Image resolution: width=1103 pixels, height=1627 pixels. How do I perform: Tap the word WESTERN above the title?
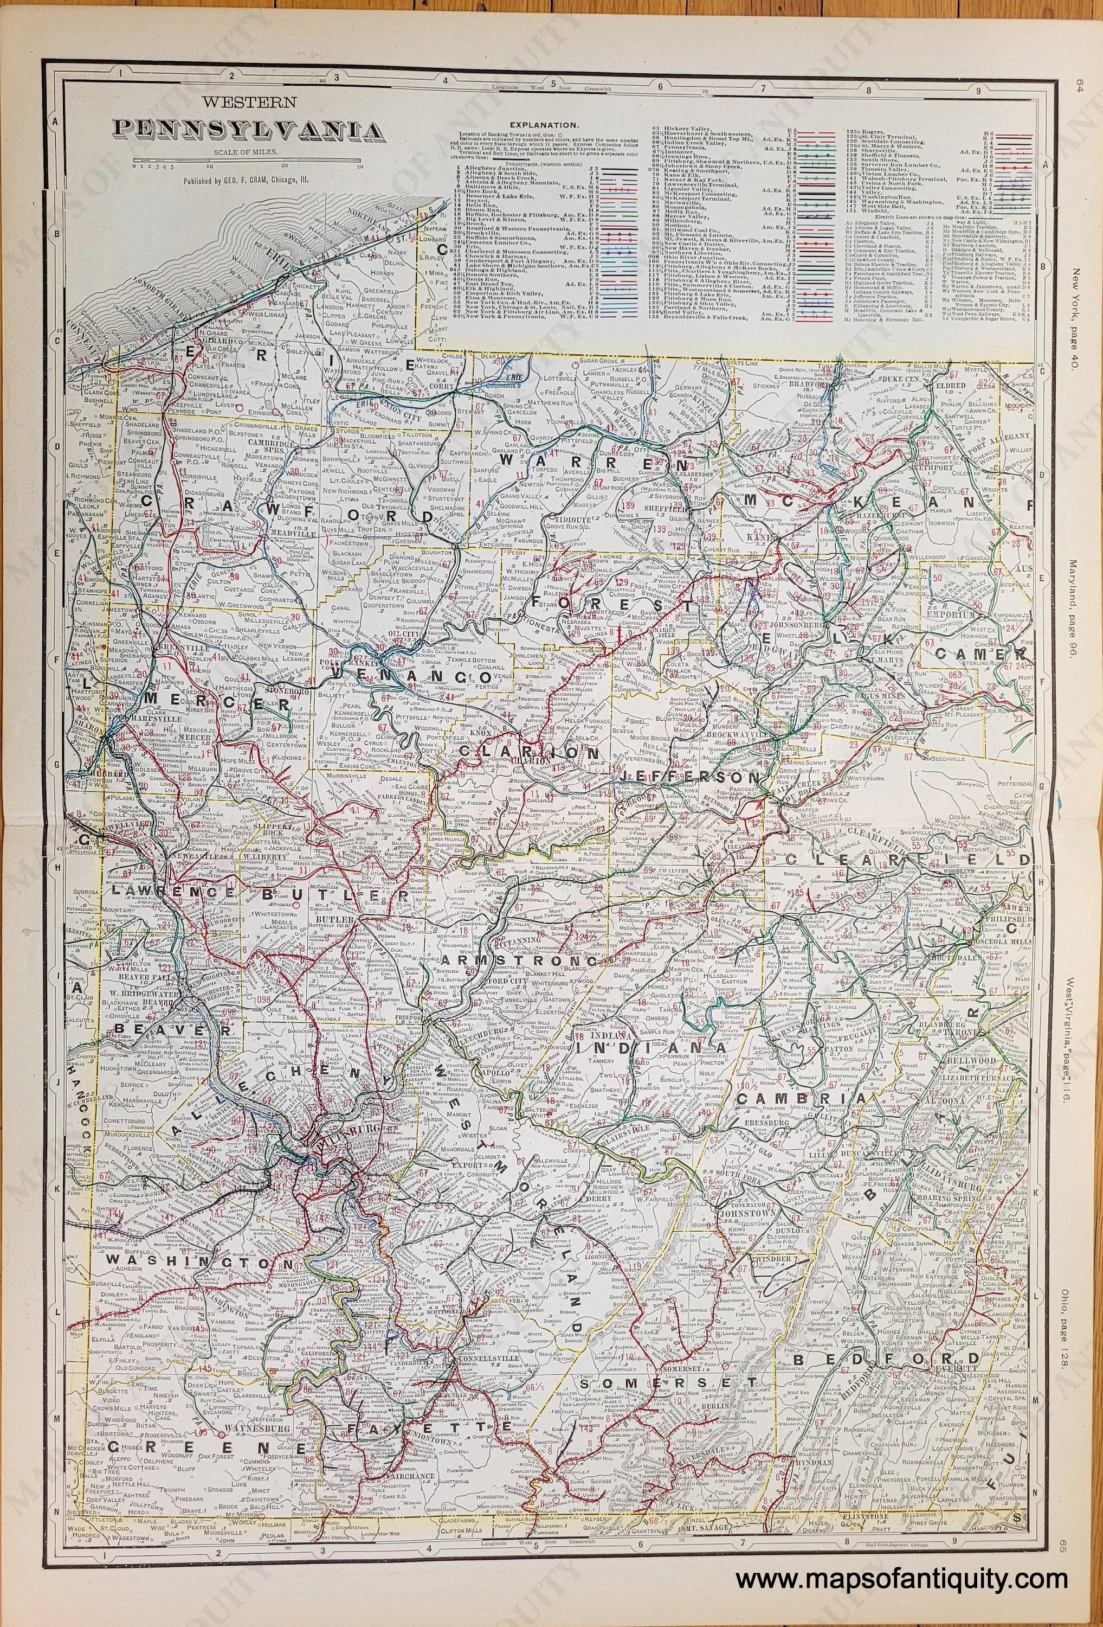(248, 101)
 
